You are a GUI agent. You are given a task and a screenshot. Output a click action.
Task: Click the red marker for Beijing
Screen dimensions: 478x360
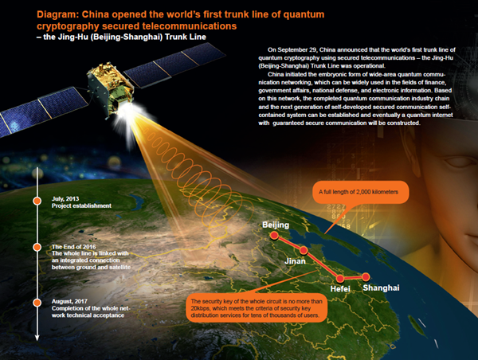(x=274, y=235)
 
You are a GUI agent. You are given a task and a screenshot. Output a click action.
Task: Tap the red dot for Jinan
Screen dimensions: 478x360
(x=304, y=250)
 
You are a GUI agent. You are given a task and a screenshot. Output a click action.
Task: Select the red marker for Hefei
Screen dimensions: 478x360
(x=340, y=278)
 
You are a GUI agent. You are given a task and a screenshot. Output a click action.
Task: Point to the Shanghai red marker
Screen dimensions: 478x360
(x=366, y=277)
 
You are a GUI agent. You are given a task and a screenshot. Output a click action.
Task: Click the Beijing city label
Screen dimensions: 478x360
(x=276, y=225)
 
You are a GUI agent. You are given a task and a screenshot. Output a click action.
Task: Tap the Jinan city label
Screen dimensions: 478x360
(x=295, y=261)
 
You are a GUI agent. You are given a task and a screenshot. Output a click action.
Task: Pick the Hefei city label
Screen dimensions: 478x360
(x=340, y=288)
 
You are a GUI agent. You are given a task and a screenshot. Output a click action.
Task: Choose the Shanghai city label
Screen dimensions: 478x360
(x=381, y=288)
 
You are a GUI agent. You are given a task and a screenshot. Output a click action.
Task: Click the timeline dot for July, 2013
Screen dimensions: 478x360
(x=37, y=201)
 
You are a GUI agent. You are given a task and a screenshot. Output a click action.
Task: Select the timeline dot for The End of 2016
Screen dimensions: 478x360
(x=37, y=247)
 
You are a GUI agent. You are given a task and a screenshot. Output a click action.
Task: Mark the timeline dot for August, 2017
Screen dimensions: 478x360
(x=37, y=303)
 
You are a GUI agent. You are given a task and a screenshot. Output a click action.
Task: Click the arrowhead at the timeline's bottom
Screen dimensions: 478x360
(x=37, y=338)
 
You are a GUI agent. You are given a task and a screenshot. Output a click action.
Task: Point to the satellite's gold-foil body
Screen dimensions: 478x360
(x=111, y=87)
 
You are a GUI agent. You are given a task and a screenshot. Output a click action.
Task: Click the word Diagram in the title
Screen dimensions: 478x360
(x=57, y=14)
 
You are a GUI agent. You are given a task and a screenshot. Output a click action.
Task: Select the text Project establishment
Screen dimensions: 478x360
(x=81, y=205)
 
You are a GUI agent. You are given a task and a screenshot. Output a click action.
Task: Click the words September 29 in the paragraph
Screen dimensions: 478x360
(x=297, y=49)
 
